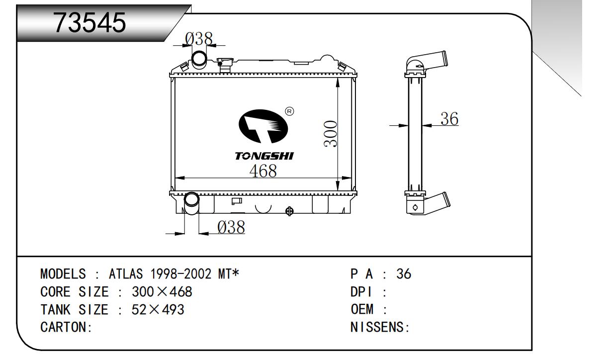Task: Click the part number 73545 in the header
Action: pyautogui.click(x=90, y=22)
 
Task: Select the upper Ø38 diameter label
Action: pyautogui.click(x=199, y=39)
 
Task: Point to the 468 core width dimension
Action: pyautogui.click(x=263, y=171)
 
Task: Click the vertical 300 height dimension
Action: pyautogui.click(x=330, y=134)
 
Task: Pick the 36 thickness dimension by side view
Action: pyautogui.click(x=449, y=119)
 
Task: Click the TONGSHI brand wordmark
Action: pyautogui.click(x=264, y=156)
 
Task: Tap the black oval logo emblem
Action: pyautogui.click(x=263, y=126)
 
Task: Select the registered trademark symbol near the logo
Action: pyautogui.click(x=290, y=111)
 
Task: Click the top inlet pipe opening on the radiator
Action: pyautogui.click(x=199, y=59)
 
